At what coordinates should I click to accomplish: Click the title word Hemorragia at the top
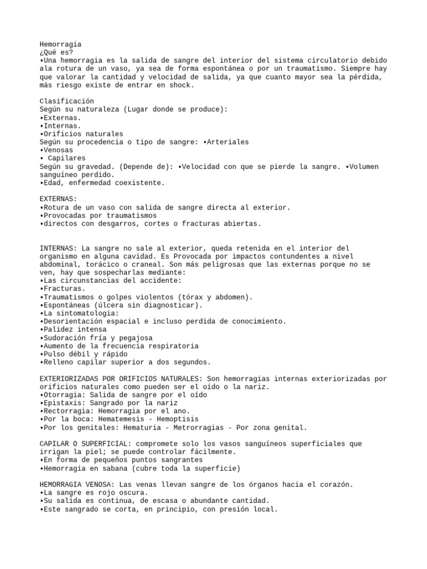[x=61, y=44]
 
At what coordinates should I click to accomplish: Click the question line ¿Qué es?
[x=56, y=52]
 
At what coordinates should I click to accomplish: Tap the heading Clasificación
[x=67, y=101]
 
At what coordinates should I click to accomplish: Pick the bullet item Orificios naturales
[x=83, y=134]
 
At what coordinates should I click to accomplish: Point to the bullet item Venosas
[x=58, y=150]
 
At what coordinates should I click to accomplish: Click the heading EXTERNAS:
[x=58, y=199]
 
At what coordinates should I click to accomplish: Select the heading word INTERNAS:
[x=58, y=248]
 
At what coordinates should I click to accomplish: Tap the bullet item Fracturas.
[x=64, y=288]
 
